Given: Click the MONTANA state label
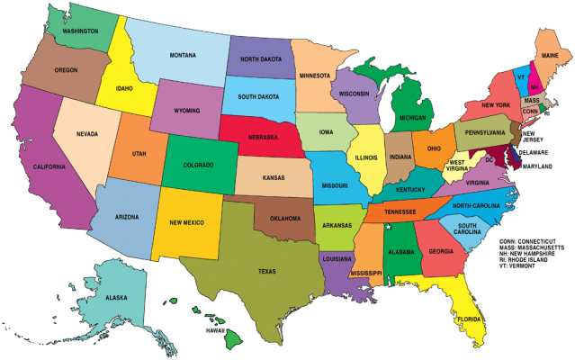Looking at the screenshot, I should point(183,55).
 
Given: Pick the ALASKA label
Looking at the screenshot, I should point(116,297).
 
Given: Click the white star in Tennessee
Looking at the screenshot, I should point(388,228).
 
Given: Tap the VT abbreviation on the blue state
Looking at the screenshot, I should point(520,78).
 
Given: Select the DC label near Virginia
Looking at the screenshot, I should point(490,159).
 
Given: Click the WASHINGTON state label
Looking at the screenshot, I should point(79,30).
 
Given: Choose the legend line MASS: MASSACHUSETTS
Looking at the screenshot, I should point(535,249).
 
